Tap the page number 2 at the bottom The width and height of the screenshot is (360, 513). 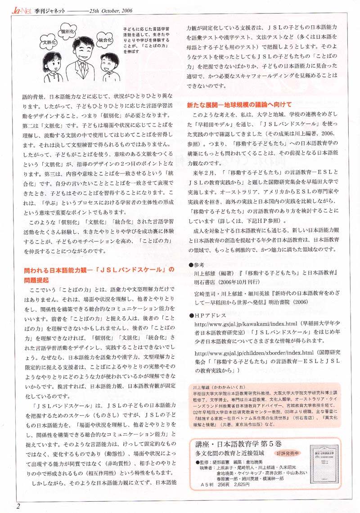tap(18, 506)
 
